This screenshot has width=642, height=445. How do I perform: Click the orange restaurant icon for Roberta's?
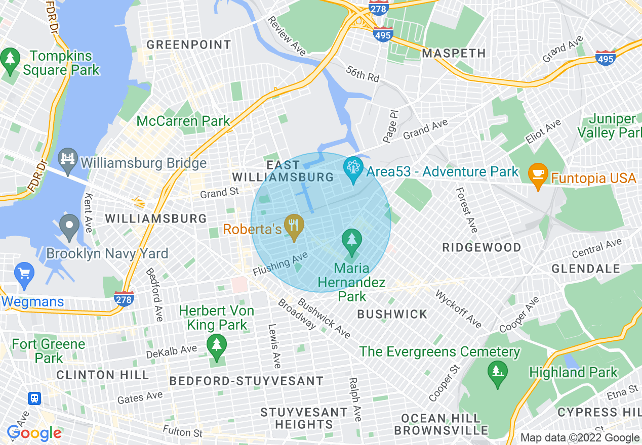(x=293, y=226)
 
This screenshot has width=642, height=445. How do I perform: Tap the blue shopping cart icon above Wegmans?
(x=24, y=274)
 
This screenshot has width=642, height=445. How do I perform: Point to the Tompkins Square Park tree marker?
(x=10, y=60)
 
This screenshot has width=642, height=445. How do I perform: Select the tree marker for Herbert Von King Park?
(x=217, y=346)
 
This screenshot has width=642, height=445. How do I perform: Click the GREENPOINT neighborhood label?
(x=189, y=45)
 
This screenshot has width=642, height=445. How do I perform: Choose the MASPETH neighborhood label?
(x=454, y=53)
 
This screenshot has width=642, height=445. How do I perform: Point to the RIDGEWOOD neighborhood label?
(x=481, y=247)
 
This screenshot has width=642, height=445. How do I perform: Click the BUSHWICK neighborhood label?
(x=392, y=314)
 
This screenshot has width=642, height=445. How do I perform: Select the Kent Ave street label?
(x=89, y=213)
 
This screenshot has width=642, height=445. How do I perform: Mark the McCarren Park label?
(x=183, y=121)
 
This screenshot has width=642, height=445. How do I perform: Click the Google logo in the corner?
(x=34, y=433)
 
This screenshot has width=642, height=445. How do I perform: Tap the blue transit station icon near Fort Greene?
(x=34, y=398)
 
